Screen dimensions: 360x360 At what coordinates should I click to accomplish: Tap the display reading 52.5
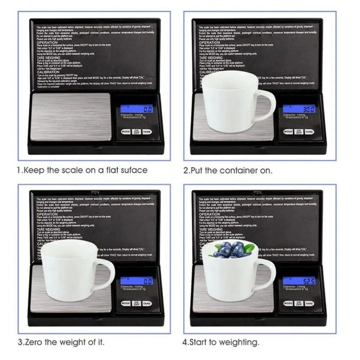(x=299, y=281)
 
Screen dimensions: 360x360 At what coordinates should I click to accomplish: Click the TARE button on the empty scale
(x=147, y=132)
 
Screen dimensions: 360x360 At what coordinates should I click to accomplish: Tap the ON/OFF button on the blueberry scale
(x=299, y=303)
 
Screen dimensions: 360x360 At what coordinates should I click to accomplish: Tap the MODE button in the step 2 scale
(x=288, y=132)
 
